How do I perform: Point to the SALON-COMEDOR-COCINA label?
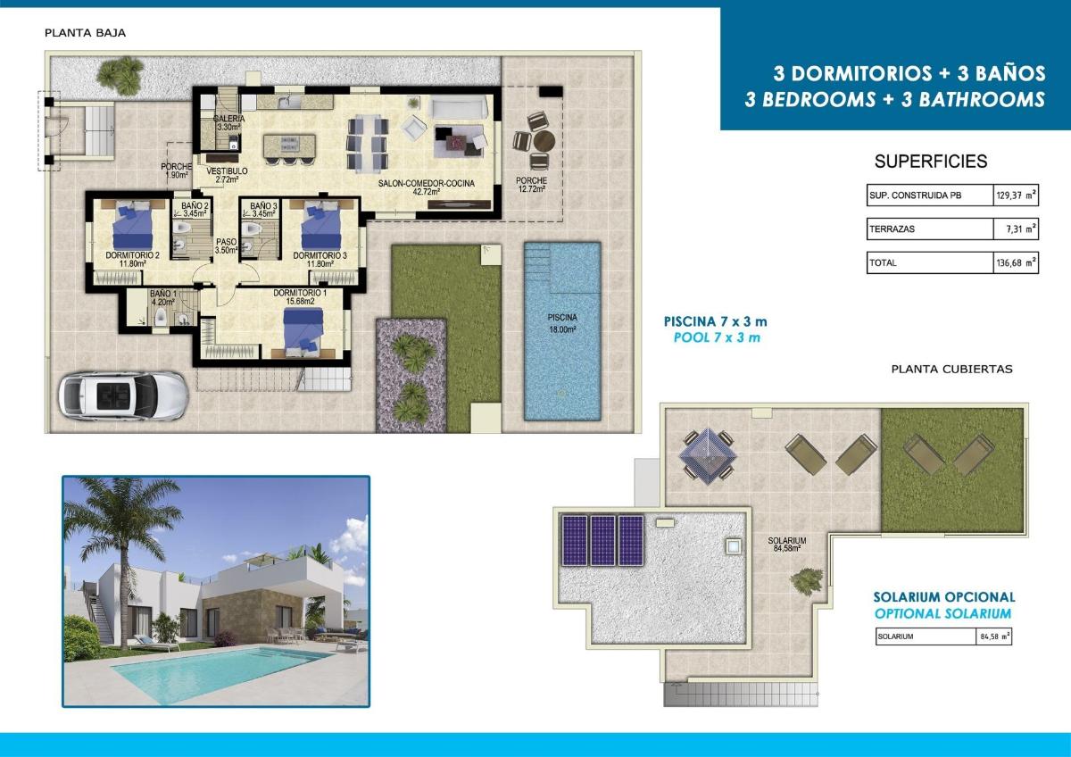426,187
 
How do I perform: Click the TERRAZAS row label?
892,229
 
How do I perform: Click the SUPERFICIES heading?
931,162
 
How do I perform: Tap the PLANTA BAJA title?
85,33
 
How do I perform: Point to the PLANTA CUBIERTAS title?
951,369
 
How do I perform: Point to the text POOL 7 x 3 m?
716,337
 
